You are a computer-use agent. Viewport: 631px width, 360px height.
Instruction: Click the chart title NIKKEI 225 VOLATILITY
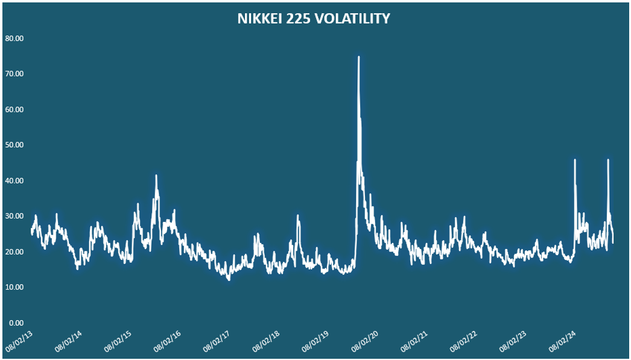point(313,19)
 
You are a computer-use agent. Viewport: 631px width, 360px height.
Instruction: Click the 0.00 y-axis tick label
point(15,323)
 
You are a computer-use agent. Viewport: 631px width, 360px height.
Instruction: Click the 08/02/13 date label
point(19,341)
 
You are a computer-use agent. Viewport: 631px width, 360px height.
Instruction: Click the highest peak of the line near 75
point(358,57)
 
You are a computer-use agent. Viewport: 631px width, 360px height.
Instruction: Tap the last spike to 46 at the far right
point(608,160)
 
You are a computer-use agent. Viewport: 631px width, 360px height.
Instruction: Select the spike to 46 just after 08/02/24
point(575,160)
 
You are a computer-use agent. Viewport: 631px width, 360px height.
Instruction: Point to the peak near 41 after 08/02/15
point(156,175)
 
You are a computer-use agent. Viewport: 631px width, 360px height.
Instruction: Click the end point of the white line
point(613,242)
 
